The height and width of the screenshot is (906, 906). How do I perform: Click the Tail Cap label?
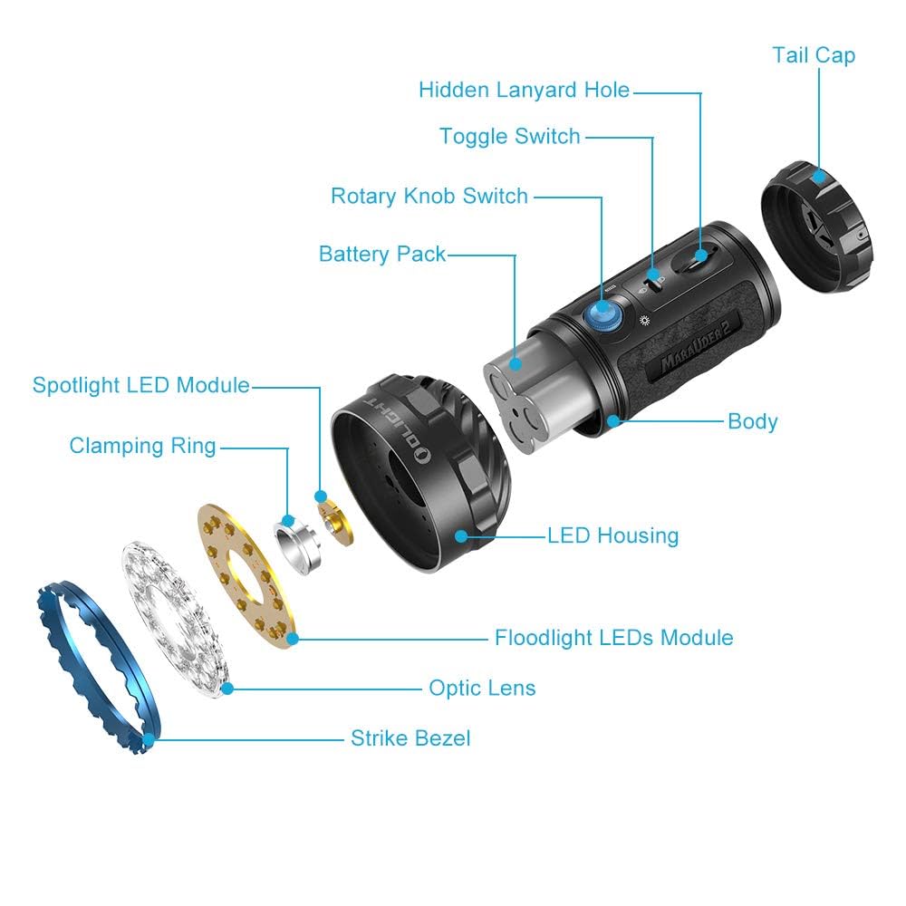click(813, 55)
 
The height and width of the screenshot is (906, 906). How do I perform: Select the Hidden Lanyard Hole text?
click(524, 91)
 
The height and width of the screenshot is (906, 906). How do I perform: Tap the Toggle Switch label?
click(509, 137)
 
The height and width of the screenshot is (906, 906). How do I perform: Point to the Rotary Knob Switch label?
click(429, 196)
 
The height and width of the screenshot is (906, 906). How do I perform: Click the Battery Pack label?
click(381, 255)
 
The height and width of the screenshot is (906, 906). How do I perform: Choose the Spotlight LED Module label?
click(140, 385)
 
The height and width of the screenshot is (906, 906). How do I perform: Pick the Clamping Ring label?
click(142, 446)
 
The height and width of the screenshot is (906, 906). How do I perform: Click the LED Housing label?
click(612, 535)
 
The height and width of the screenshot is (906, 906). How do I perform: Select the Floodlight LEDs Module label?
click(613, 638)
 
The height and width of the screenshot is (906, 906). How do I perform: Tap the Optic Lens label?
click(482, 689)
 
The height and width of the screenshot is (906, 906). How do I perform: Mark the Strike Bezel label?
click(410, 738)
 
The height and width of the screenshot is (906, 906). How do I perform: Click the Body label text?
click(752, 421)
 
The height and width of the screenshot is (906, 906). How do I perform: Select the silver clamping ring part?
click(298, 543)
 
